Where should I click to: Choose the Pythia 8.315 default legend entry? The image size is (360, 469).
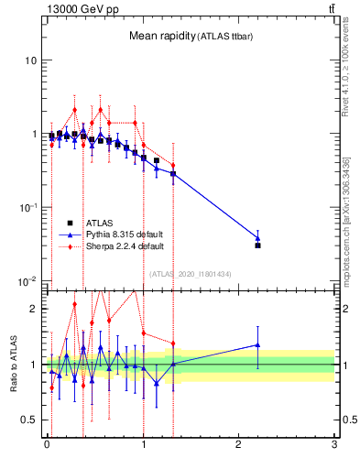tap(120, 234)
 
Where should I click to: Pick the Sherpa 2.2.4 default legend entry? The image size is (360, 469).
tap(120, 246)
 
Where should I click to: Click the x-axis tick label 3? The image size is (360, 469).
tap(334, 448)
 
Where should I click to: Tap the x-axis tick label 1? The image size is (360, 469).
tap(143, 448)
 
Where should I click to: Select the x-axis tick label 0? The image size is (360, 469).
tap(47, 448)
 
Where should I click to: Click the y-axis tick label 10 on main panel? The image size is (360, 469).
tap(29, 60)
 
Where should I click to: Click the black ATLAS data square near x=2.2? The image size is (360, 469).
tap(258, 245)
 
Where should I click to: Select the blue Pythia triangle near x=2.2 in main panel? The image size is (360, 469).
tap(258, 237)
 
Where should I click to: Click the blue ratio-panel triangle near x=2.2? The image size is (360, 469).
tap(258, 345)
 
